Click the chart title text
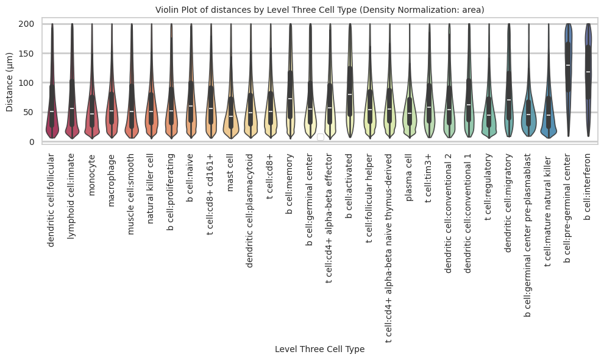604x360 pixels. [319, 10]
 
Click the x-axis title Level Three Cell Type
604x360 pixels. [319, 349]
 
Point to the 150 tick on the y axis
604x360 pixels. [27, 54]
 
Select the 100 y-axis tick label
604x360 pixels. [27, 83]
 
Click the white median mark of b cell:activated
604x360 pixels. [350, 94]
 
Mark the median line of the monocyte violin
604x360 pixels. [92, 114]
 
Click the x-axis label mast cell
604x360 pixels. [231, 173]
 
